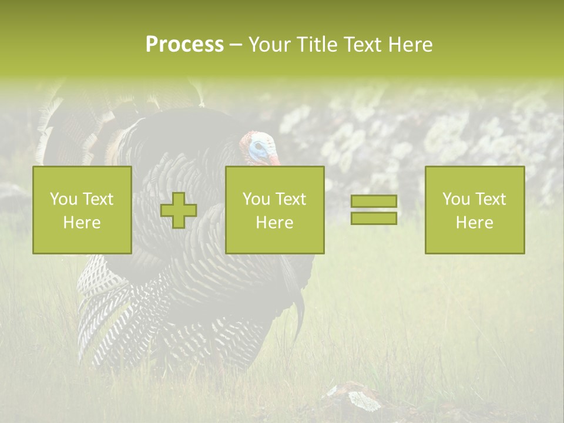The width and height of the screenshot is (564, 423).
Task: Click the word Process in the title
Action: click(184, 45)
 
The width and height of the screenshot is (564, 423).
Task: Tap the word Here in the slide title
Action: click(410, 45)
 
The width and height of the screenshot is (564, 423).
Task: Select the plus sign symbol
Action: click(179, 210)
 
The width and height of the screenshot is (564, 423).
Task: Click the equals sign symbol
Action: click(374, 210)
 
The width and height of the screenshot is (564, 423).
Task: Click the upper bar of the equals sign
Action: click(374, 202)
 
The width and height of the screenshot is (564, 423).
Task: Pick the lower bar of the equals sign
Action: click(374, 219)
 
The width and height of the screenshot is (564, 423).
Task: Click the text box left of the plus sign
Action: click(82, 210)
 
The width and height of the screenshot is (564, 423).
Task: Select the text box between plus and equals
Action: click(275, 210)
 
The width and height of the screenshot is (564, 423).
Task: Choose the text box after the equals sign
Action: click(475, 210)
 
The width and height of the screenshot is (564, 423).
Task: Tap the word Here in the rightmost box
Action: click(474, 223)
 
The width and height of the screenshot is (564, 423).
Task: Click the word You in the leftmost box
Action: click(63, 199)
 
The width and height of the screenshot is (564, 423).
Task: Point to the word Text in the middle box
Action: click(291, 199)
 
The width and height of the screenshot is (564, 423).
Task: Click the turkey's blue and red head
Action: click(259, 147)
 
